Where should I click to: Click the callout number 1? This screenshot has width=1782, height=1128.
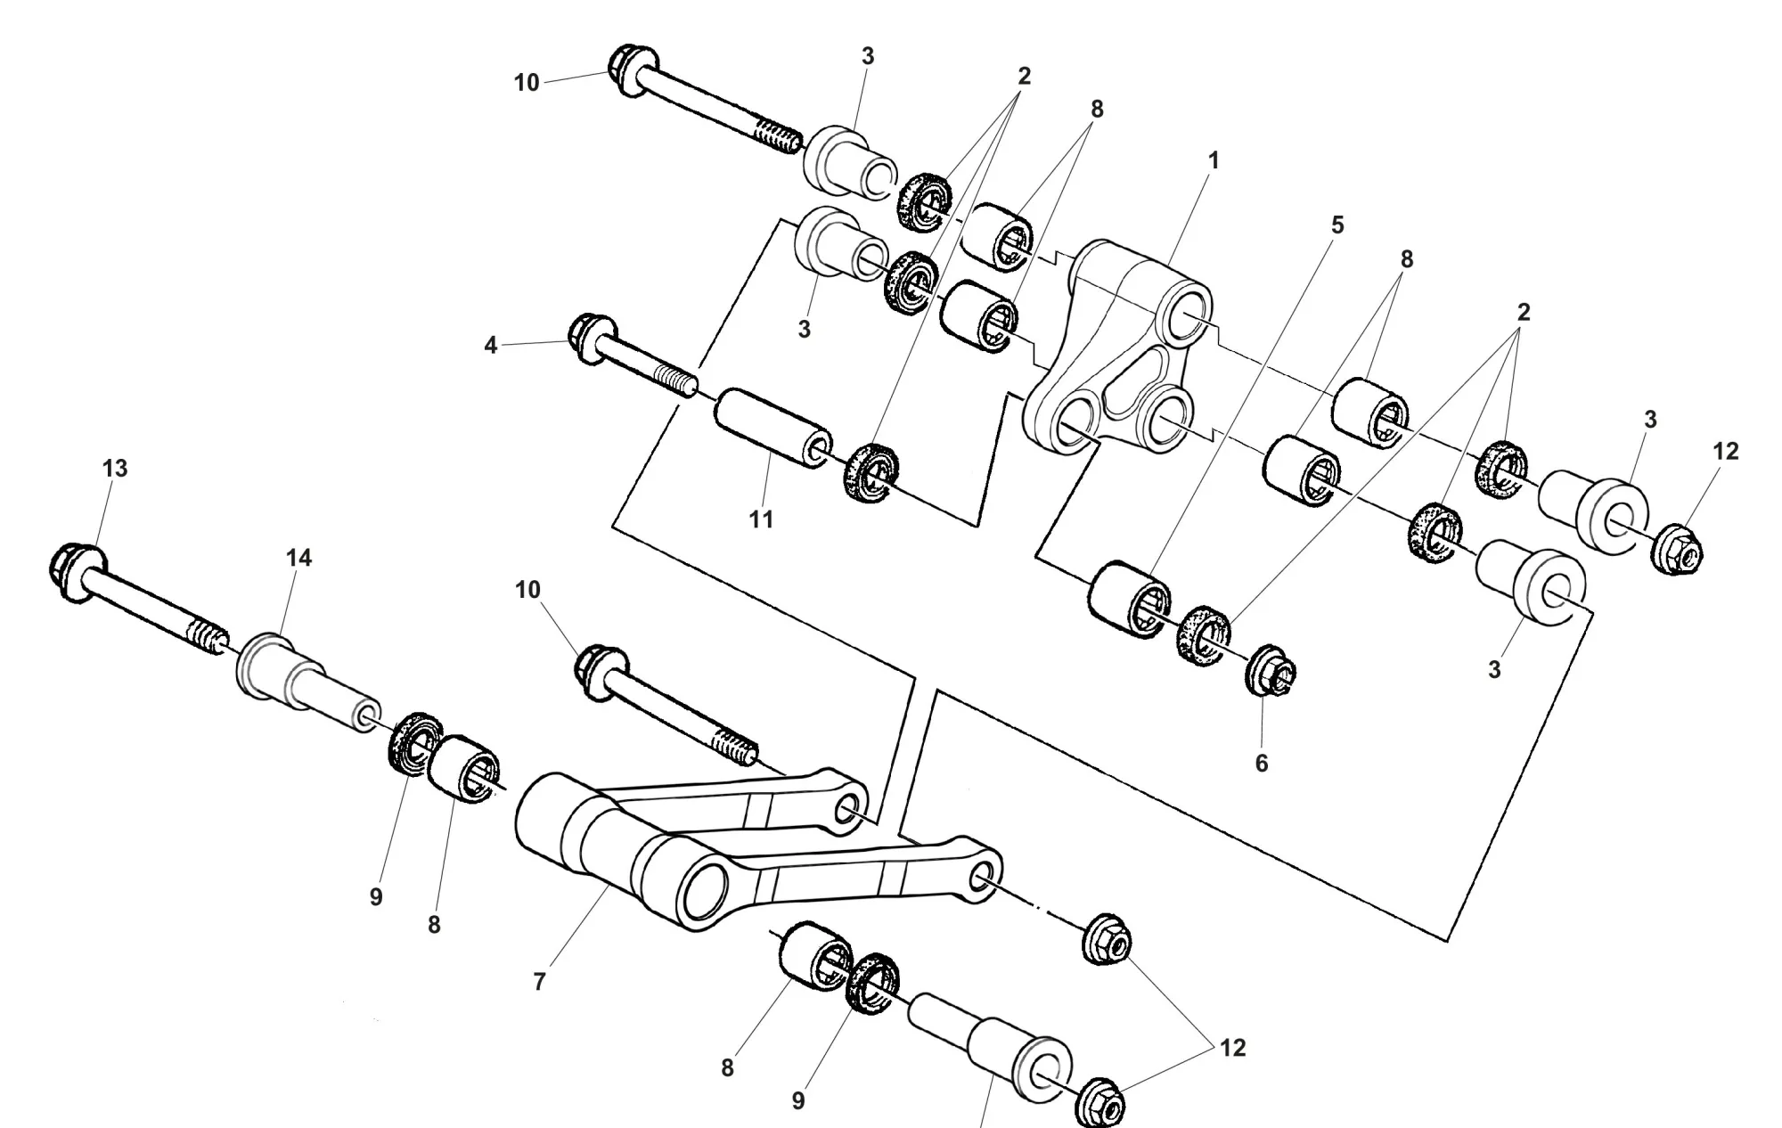pyautogui.click(x=1213, y=161)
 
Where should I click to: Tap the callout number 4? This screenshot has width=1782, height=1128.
pyautogui.click(x=490, y=345)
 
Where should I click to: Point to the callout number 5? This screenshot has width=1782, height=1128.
pyautogui.click(x=1336, y=226)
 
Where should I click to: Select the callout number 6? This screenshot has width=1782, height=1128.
pyautogui.click(x=1262, y=764)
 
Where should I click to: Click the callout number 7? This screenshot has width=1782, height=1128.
pyautogui.click(x=539, y=982)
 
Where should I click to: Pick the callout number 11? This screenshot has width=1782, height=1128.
pyautogui.click(x=761, y=519)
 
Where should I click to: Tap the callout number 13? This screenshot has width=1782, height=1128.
pyautogui.click(x=115, y=469)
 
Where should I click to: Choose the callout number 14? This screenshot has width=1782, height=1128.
pyautogui.click(x=299, y=558)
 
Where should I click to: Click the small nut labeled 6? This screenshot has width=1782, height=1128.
pyautogui.click(x=1270, y=671)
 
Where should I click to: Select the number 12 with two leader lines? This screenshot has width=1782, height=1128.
pyautogui.click(x=1232, y=1049)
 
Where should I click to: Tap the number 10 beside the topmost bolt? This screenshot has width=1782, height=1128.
pyautogui.click(x=527, y=83)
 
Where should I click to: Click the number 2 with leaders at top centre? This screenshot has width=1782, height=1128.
pyautogui.click(x=1024, y=77)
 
